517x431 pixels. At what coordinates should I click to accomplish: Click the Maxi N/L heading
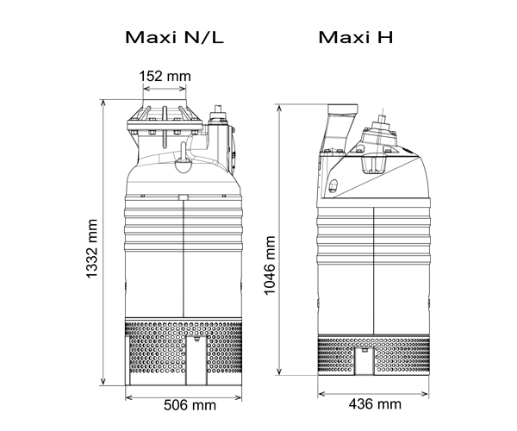174,37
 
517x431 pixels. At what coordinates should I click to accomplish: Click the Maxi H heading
356,37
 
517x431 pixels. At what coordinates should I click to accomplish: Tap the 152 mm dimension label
165,76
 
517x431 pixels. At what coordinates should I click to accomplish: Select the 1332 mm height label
92,248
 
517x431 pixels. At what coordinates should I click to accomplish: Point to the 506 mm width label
190,405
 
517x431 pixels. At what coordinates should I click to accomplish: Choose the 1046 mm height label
270,265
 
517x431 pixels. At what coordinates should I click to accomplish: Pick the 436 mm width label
375,404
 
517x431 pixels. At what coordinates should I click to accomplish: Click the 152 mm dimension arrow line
165,89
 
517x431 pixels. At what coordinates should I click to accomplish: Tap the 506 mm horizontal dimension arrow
184,397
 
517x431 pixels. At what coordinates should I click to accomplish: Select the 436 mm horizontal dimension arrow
373,394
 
